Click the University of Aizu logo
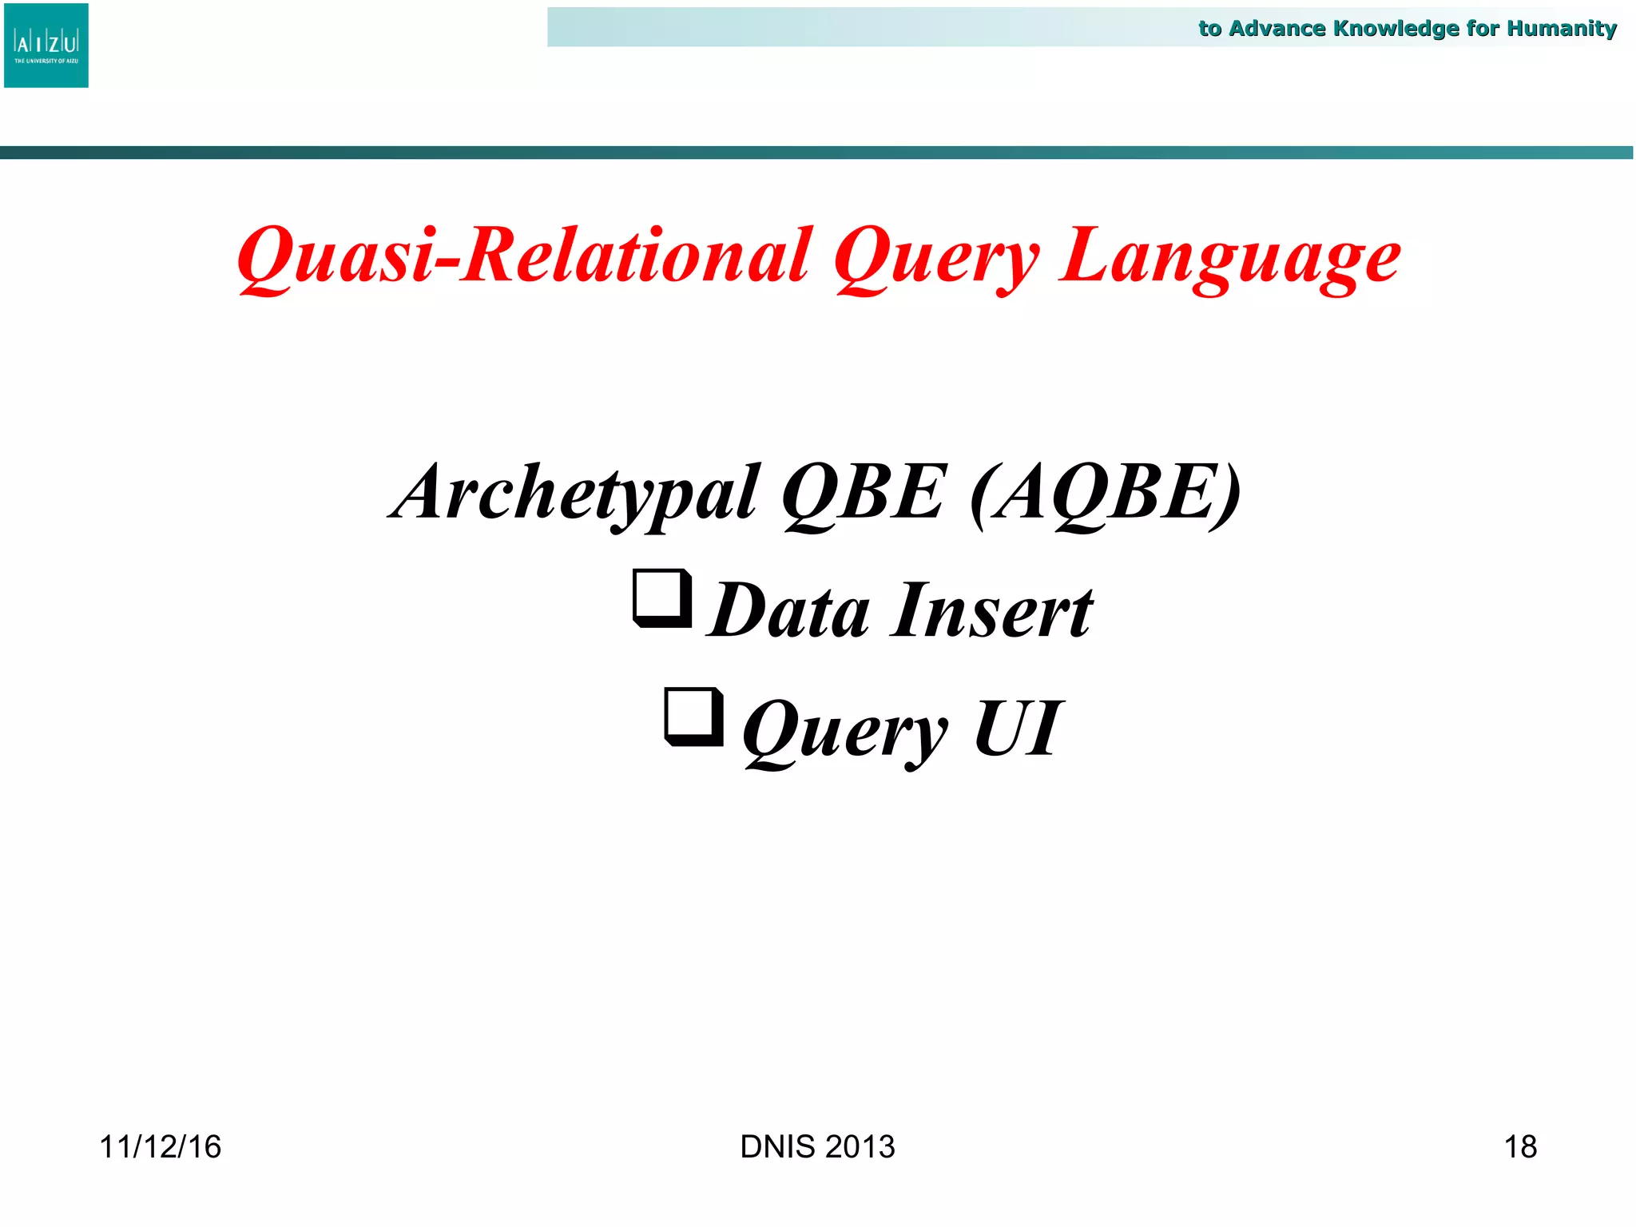pos(46,46)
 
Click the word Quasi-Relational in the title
pos(524,256)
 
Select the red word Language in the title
pos(1229,256)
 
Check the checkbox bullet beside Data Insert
pos(661,598)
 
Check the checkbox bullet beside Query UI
pos(693,717)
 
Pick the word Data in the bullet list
pos(788,611)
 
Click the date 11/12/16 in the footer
pos(160,1147)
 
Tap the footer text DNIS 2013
pos(817,1147)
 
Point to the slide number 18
pos(1519,1147)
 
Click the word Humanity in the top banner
pos(1561,29)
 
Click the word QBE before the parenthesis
pos(864,493)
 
